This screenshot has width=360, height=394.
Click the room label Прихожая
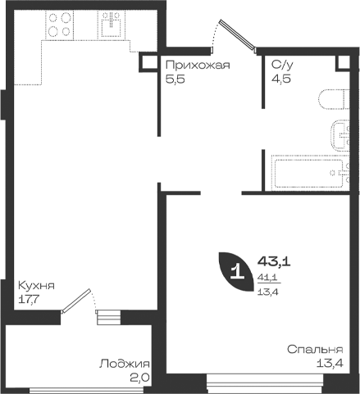198,66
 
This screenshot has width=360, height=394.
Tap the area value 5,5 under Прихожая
175,79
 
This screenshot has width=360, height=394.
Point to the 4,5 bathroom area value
281,79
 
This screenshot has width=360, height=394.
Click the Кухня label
36,286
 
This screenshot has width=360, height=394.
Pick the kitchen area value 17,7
29,300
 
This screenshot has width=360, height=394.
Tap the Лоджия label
125,364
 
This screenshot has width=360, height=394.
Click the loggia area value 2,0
139,378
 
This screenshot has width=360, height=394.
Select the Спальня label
315,350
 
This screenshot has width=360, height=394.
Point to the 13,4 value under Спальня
330,363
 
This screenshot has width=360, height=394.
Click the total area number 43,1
274,262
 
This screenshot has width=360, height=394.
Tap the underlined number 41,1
267,279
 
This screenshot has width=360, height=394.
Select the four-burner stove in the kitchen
60,25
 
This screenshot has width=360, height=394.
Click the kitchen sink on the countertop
112,25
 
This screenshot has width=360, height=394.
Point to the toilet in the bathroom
334,99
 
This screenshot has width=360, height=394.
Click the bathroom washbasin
340,135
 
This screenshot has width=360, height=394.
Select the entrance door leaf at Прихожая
238,34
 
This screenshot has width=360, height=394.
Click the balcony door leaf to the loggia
75,301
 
